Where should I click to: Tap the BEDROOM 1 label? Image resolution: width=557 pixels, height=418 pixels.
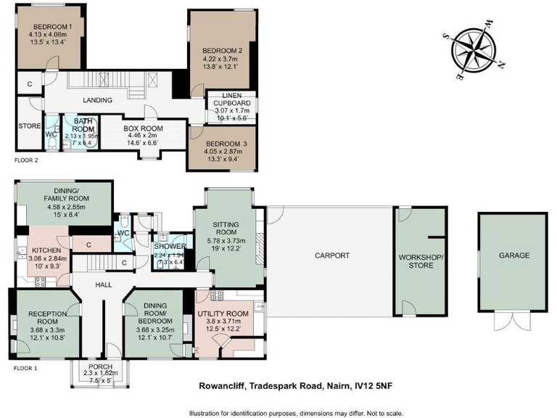coord(46,28)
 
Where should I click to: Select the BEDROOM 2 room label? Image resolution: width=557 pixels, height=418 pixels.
coord(221,50)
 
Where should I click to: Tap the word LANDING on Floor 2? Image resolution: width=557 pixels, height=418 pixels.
coord(97,100)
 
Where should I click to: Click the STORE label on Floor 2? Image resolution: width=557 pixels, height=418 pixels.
coord(30,126)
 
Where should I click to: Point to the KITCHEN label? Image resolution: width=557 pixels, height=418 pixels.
coord(41,250)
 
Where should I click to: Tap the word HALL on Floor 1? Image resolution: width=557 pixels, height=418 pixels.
coord(104,284)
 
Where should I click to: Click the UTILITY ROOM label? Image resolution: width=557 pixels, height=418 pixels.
coord(223,313)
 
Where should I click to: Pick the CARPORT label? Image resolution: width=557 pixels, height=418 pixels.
coord(332,255)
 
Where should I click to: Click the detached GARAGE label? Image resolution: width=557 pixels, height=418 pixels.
coord(513,255)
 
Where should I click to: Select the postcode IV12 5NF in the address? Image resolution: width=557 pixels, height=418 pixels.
coord(372,387)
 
